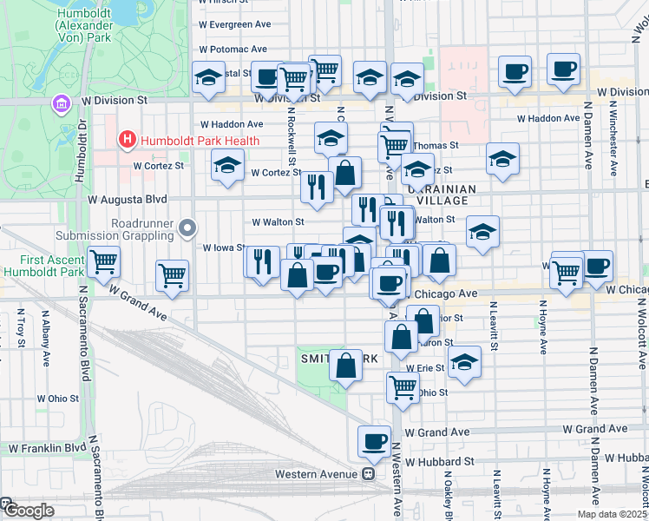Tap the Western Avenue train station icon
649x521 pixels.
point(369,474)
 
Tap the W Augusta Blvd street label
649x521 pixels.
point(128,199)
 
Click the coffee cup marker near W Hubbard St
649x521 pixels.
point(374,441)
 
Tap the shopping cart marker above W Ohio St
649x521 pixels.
point(403,387)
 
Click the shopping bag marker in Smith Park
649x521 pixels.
point(345,366)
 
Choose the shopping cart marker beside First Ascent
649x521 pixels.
point(103,261)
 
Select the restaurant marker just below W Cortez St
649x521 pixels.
point(317,187)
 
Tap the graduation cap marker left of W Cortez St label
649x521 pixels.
point(227,165)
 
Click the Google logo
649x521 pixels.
point(28,511)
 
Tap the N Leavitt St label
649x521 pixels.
point(493,326)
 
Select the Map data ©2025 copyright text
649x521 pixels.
point(611,514)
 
